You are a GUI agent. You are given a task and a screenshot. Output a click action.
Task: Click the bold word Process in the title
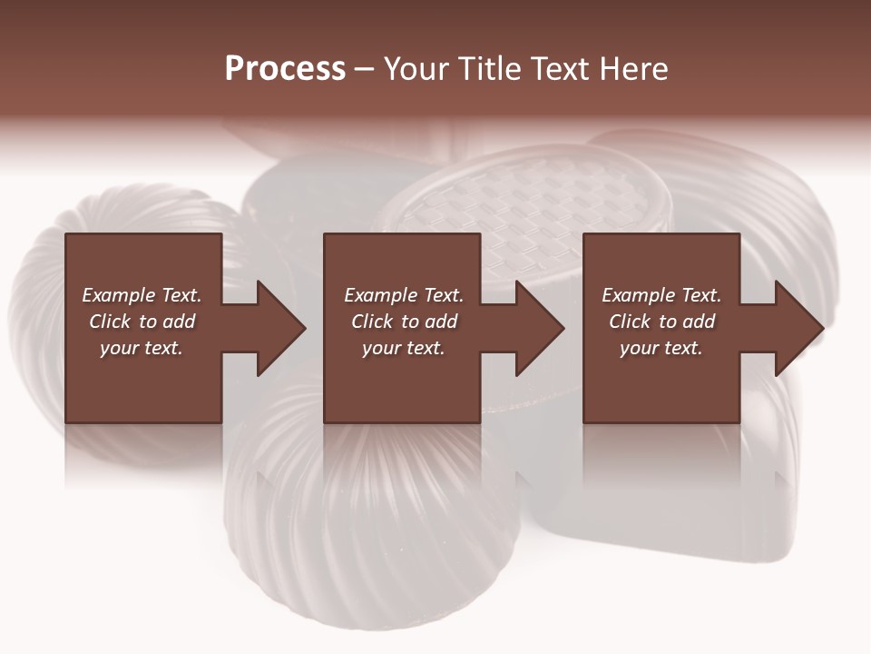[x=285, y=69]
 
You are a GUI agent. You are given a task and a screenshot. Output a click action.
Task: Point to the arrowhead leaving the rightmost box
[x=798, y=328]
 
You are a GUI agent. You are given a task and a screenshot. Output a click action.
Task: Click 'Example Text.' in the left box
[x=142, y=295]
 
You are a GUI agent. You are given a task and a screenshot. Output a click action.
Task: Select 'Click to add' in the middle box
[x=404, y=322]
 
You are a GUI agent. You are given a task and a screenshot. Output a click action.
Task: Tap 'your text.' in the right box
[x=661, y=348]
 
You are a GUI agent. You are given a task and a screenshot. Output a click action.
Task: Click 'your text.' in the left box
[x=142, y=348]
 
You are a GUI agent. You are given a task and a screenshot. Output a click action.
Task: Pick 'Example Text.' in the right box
[x=661, y=295]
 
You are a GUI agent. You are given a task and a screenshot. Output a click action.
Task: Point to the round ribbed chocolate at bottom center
[x=363, y=527]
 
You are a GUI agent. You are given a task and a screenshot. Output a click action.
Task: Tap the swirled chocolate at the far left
[x=36, y=309]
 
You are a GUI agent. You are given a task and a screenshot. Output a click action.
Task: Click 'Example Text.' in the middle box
[x=404, y=295]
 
